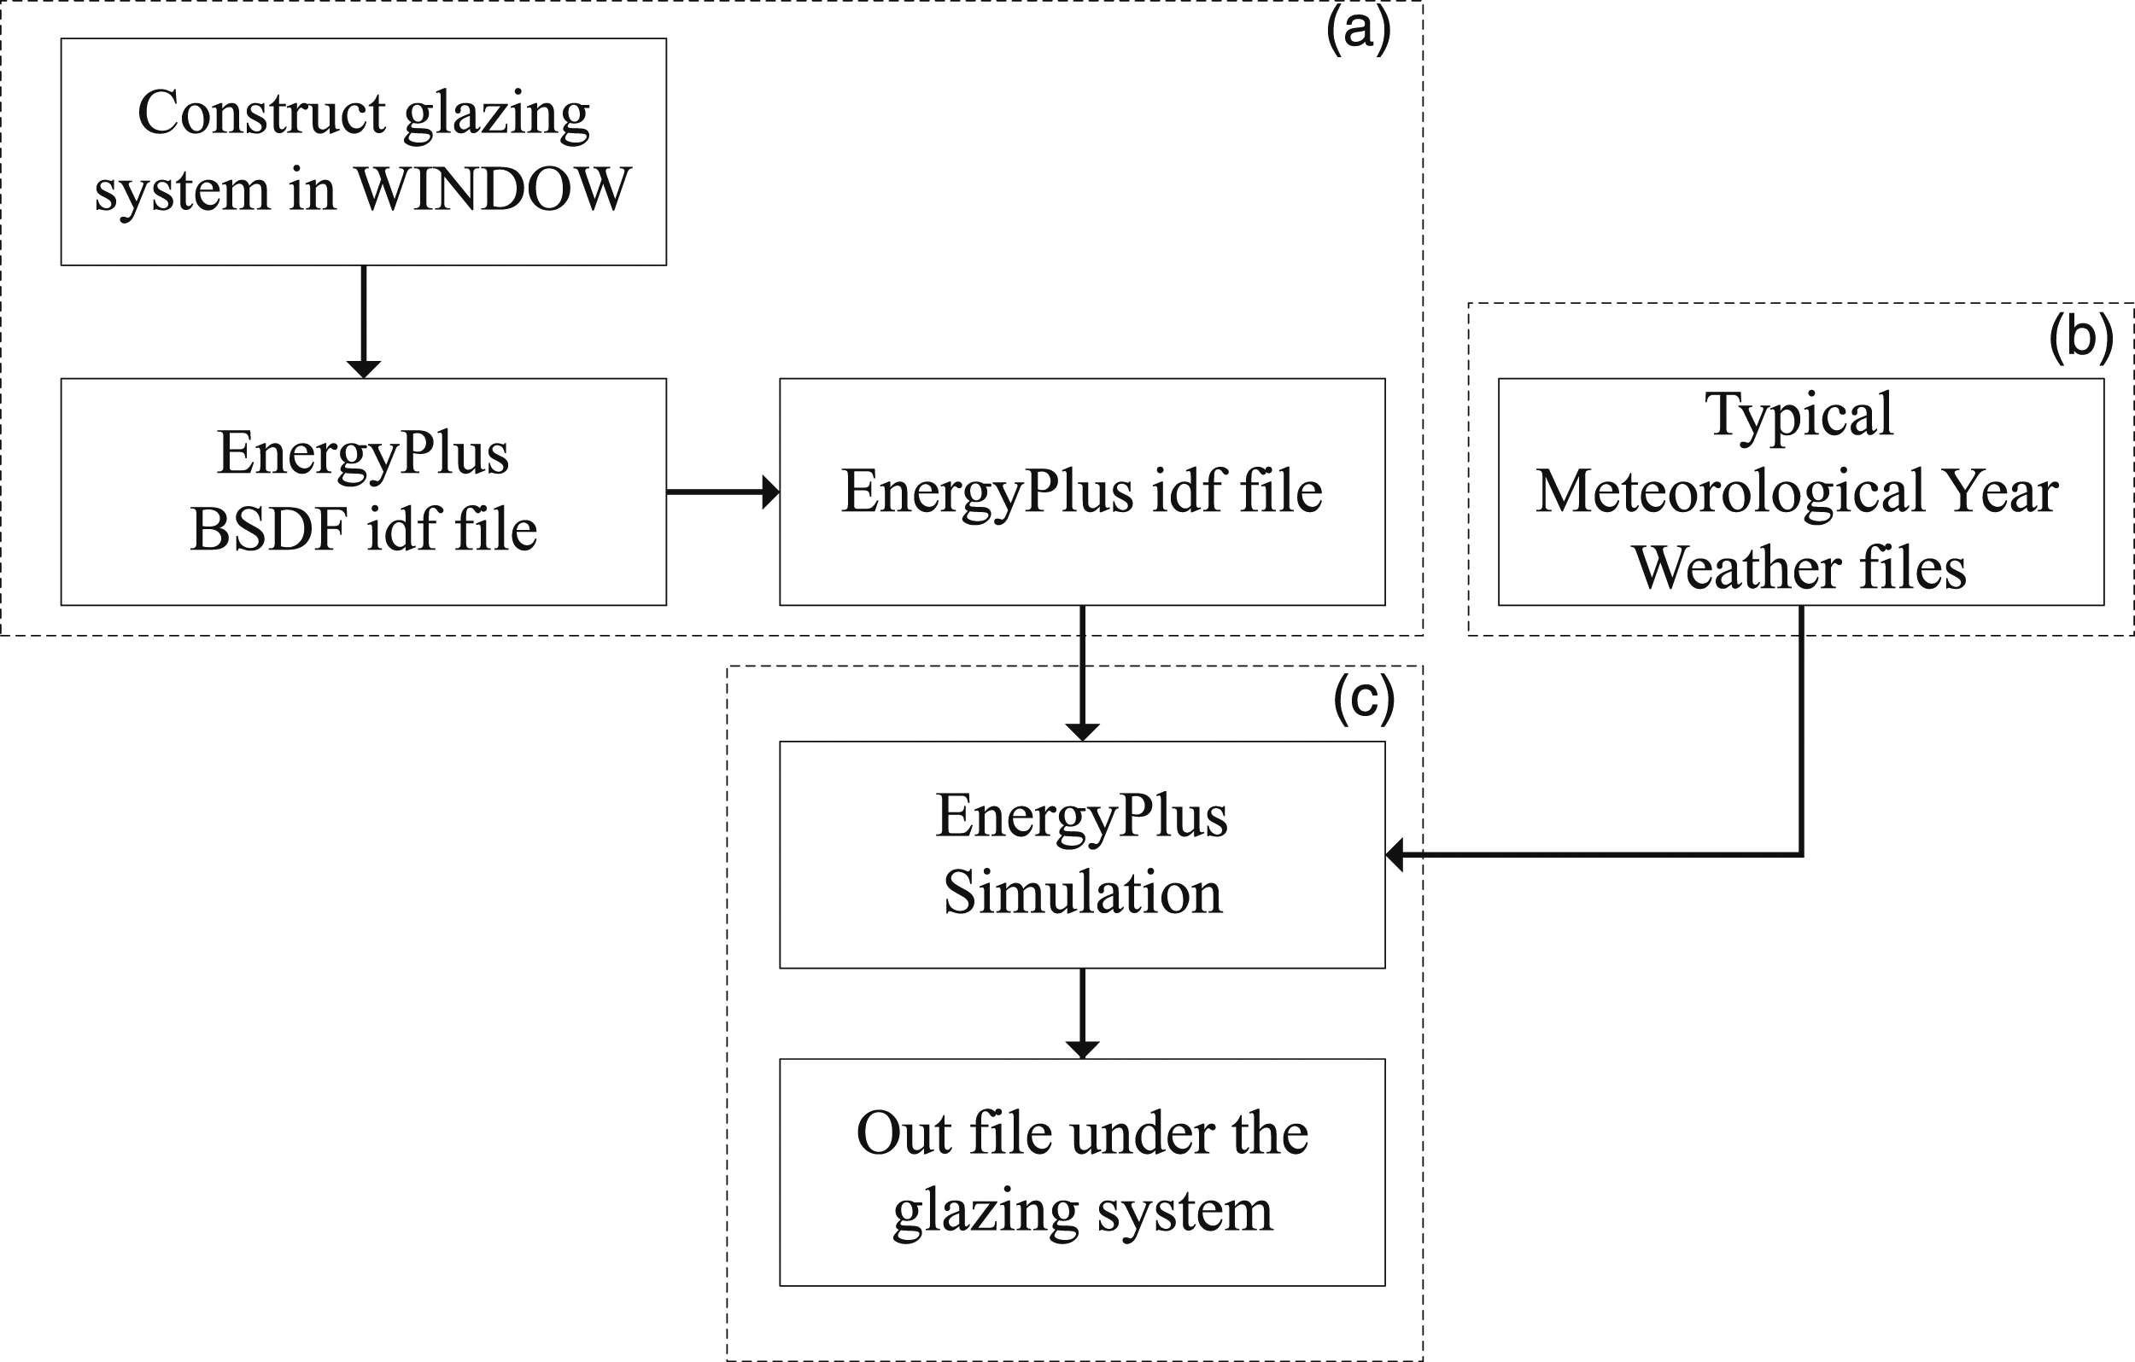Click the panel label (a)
pos(1359,30)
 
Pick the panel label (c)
pos(1364,699)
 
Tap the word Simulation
pos(1083,892)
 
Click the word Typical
pos(1799,415)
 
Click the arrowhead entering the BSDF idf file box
pos(364,370)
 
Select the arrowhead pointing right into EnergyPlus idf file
pos(771,492)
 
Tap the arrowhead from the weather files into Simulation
pos(1394,854)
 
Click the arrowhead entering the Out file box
pos(1083,1050)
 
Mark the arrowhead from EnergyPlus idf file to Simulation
pos(1083,733)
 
